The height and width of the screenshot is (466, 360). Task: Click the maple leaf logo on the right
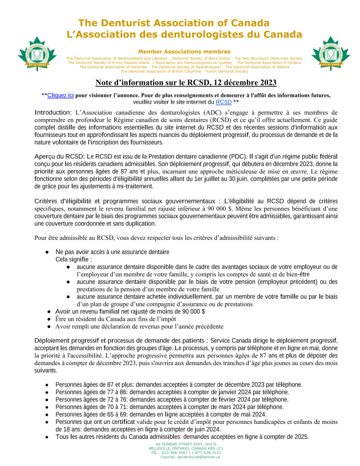coord(331,54)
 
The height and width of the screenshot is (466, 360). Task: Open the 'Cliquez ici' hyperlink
coord(60,95)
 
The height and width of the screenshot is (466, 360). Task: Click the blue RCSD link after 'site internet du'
coord(223,102)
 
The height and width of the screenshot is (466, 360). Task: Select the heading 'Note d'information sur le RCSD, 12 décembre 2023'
coord(186,83)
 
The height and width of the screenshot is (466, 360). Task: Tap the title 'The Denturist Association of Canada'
coord(174,23)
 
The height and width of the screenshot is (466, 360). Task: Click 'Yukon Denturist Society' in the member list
coord(227,71)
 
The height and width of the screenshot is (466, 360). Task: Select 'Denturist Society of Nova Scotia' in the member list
coord(200,58)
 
